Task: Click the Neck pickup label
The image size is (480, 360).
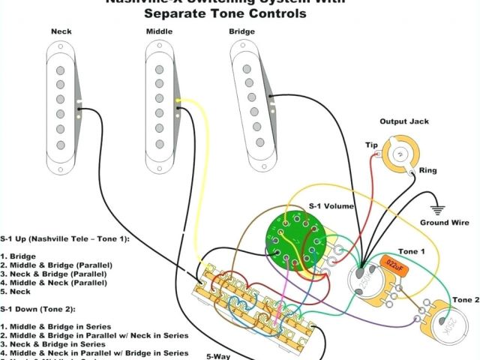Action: pyautogui.click(x=61, y=31)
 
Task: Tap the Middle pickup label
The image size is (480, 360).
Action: pyautogui.click(x=159, y=31)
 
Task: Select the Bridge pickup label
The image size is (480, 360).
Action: pyautogui.click(x=241, y=31)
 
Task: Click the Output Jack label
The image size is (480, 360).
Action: pyautogui.click(x=403, y=121)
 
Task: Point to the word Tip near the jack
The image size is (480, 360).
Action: pyautogui.click(x=370, y=145)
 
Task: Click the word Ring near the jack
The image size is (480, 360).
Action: pyautogui.click(x=427, y=171)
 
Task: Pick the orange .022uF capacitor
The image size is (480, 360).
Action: pyautogui.click(x=393, y=264)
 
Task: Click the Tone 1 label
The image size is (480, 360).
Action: pyautogui.click(x=411, y=250)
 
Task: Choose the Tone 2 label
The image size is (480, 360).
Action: pyautogui.click(x=466, y=300)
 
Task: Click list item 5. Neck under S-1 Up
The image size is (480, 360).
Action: pyautogui.click(x=19, y=292)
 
